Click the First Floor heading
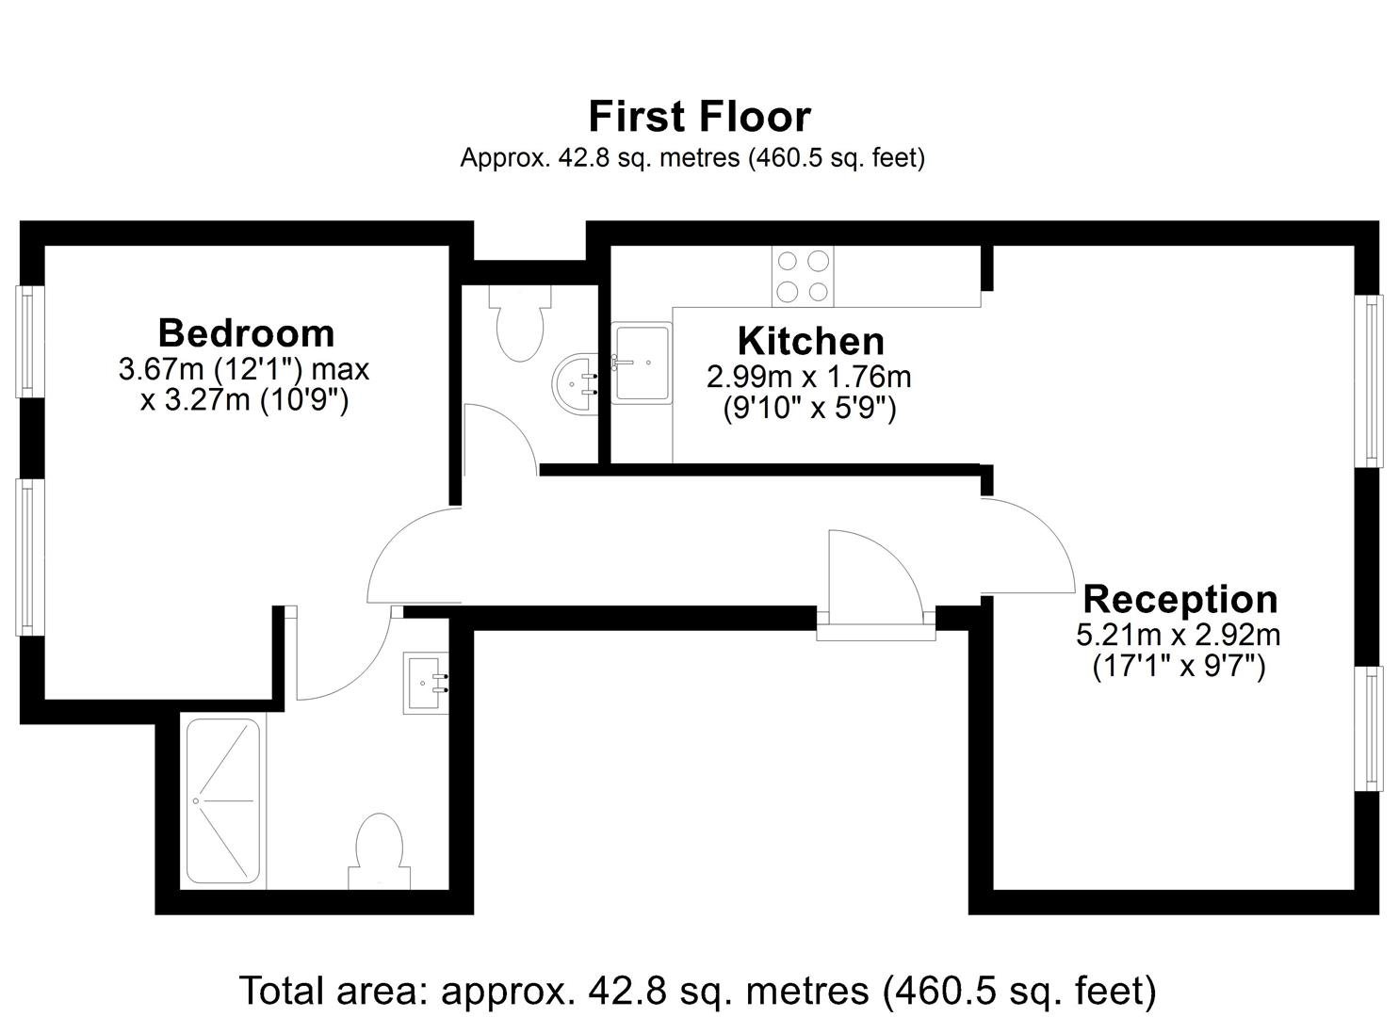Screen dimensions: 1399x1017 pos(699,117)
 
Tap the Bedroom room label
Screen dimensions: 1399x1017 pos(246,333)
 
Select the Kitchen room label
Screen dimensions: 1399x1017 pos(811,341)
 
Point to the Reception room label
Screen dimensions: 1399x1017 pos(1179,599)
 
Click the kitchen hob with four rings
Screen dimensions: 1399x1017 pos(803,276)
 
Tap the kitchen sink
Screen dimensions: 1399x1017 pos(642,363)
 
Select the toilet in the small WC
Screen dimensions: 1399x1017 pos(520,323)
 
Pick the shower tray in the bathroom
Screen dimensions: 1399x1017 pos(223,801)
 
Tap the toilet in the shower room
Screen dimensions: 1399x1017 pos(379,851)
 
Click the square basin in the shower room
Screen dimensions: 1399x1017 pos(425,683)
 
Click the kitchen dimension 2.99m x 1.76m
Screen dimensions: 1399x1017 pos(809,377)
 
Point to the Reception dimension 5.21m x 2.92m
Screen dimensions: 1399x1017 pos(1179,636)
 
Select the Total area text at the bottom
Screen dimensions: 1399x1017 pos(698,990)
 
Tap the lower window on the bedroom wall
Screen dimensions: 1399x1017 pos(29,557)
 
